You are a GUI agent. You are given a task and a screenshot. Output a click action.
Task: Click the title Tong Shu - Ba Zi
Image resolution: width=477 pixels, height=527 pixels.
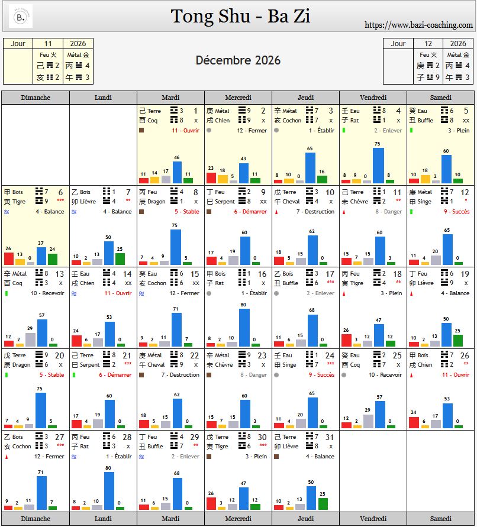(x=240, y=17)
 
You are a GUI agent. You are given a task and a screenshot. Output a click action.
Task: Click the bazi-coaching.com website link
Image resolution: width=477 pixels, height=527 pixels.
(x=418, y=25)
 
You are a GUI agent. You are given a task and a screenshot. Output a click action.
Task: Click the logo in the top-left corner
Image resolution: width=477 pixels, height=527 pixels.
(x=21, y=17)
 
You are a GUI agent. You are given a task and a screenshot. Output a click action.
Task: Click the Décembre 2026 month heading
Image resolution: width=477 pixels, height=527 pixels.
(x=238, y=60)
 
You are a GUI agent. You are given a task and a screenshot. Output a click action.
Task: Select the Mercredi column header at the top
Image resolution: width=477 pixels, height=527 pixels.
(x=238, y=98)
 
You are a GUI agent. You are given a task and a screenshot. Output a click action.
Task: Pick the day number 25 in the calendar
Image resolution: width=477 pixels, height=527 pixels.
(x=397, y=355)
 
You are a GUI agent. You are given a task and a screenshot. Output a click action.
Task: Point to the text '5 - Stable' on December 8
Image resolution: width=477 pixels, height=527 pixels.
(x=186, y=211)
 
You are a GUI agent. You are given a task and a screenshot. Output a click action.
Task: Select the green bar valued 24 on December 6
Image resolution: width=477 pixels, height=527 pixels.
(x=53, y=259)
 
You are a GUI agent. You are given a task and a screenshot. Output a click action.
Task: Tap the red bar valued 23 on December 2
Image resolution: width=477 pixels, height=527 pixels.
(x=211, y=178)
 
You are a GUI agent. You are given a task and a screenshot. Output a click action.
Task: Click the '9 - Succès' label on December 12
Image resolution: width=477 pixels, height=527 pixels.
(x=456, y=211)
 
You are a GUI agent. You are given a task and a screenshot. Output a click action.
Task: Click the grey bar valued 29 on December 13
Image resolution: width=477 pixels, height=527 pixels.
(x=31, y=340)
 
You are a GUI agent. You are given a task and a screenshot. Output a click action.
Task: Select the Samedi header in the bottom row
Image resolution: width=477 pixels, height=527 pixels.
(x=440, y=519)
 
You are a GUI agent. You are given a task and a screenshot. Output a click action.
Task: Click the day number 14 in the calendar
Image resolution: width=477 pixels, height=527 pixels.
(x=127, y=274)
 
